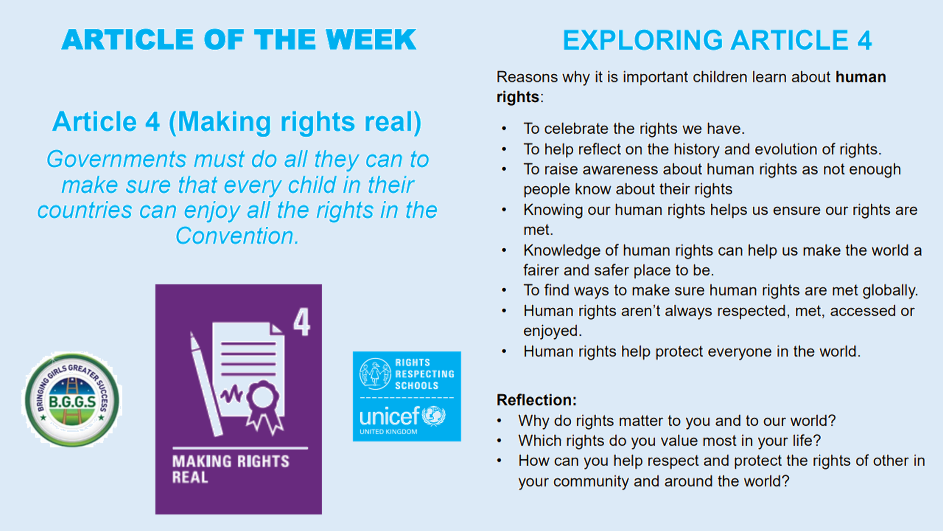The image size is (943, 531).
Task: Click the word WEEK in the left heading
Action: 371,40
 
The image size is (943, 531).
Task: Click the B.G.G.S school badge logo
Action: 72,400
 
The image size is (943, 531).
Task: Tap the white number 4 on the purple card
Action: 302,322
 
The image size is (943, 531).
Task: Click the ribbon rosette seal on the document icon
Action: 264,406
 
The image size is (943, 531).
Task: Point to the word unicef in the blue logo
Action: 389,416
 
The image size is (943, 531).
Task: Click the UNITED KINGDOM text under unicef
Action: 388,432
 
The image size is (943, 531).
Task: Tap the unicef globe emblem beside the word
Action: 434,416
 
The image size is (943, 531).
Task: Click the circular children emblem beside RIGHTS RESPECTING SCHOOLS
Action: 375,374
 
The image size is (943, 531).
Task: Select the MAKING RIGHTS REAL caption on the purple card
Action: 231,469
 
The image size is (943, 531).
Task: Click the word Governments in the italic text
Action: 116,159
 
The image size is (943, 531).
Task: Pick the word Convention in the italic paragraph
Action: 237,236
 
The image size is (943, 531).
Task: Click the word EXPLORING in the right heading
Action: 643,40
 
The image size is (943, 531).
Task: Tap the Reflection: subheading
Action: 537,400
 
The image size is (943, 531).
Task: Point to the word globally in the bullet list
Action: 890,291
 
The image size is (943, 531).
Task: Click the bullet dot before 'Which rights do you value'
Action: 499,441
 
